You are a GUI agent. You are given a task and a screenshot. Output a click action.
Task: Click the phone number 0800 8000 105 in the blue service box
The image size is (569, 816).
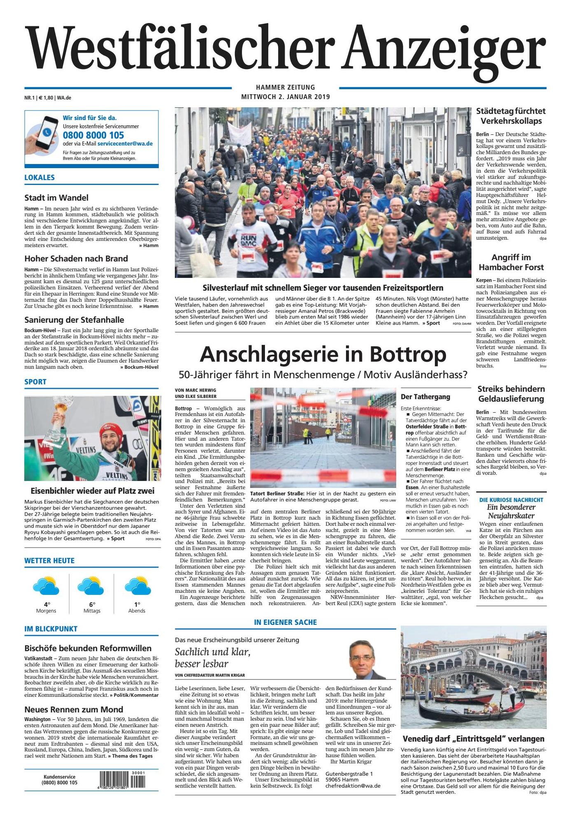(x=93, y=135)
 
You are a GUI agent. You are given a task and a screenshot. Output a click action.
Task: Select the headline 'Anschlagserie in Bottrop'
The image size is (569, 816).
(x=323, y=354)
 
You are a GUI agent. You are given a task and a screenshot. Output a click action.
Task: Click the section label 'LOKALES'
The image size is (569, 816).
(x=39, y=178)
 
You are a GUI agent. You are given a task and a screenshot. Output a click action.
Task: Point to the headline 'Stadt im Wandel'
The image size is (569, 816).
(x=56, y=198)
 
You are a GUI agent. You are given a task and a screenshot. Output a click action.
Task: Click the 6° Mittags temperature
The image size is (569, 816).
(x=92, y=604)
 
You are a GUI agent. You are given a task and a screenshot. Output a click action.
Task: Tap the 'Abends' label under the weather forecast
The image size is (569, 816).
(x=137, y=611)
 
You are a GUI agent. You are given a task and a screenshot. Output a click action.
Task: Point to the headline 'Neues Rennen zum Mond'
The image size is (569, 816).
(x=74, y=709)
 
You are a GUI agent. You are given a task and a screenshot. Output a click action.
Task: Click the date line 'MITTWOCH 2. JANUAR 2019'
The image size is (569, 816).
(x=286, y=97)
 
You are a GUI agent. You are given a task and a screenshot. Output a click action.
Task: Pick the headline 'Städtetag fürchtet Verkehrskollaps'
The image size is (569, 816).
(x=511, y=116)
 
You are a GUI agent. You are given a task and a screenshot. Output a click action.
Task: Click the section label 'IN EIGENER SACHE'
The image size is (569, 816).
(x=285, y=622)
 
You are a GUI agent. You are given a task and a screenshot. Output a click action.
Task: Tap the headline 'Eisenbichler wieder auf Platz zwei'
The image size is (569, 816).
(x=93, y=490)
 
